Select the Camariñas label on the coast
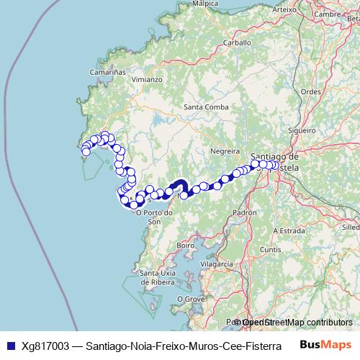coord(109,73)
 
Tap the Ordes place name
coord(310,91)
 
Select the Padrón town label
coord(246,213)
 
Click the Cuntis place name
coord(271,248)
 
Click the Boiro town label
coord(186,246)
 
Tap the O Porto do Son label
coord(157,217)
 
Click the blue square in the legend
coord(10,345)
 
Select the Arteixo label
coord(285,9)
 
